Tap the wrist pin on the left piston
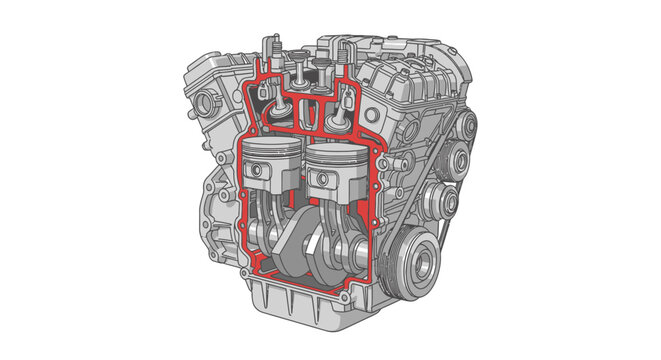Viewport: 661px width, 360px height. tap(261, 171)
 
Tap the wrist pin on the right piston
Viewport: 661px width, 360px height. tap(322, 181)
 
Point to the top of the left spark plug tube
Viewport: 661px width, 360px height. tap(268, 42)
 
